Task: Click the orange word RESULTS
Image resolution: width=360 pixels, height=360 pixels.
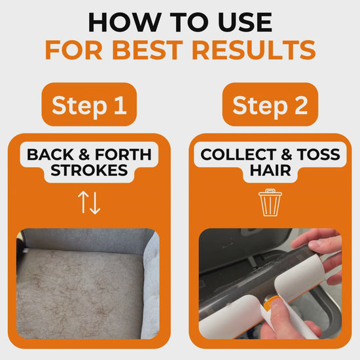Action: click(255, 50)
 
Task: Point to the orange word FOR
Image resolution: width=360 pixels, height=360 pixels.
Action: click(74, 50)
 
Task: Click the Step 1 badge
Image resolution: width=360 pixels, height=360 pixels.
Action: click(89, 105)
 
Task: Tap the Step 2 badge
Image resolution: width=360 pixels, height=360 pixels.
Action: click(270, 105)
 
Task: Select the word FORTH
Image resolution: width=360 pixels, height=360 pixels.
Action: click(123, 154)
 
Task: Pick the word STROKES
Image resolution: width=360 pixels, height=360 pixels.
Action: click(89, 170)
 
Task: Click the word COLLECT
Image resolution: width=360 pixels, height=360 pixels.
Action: click(238, 154)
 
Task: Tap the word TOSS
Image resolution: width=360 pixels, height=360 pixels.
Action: click(319, 154)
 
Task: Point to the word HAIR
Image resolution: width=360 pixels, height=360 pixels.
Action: click(270, 170)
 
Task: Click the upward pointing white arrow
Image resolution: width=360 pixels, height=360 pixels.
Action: click(83, 202)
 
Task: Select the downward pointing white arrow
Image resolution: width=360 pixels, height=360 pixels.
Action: click(95, 203)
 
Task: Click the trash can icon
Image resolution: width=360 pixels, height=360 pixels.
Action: click(270, 202)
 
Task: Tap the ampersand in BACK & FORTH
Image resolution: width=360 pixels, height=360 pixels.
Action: click(84, 154)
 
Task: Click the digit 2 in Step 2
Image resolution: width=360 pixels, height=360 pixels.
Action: click(301, 105)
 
